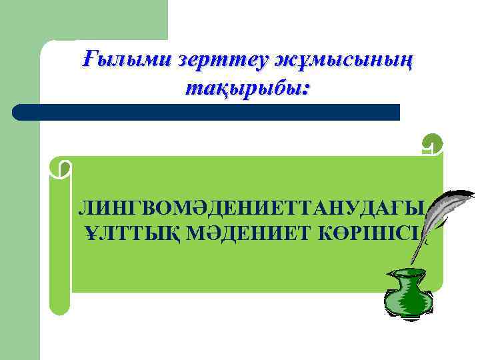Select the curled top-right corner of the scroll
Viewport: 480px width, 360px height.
tap(432, 146)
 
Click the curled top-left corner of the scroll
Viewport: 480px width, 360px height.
tap(61, 168)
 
